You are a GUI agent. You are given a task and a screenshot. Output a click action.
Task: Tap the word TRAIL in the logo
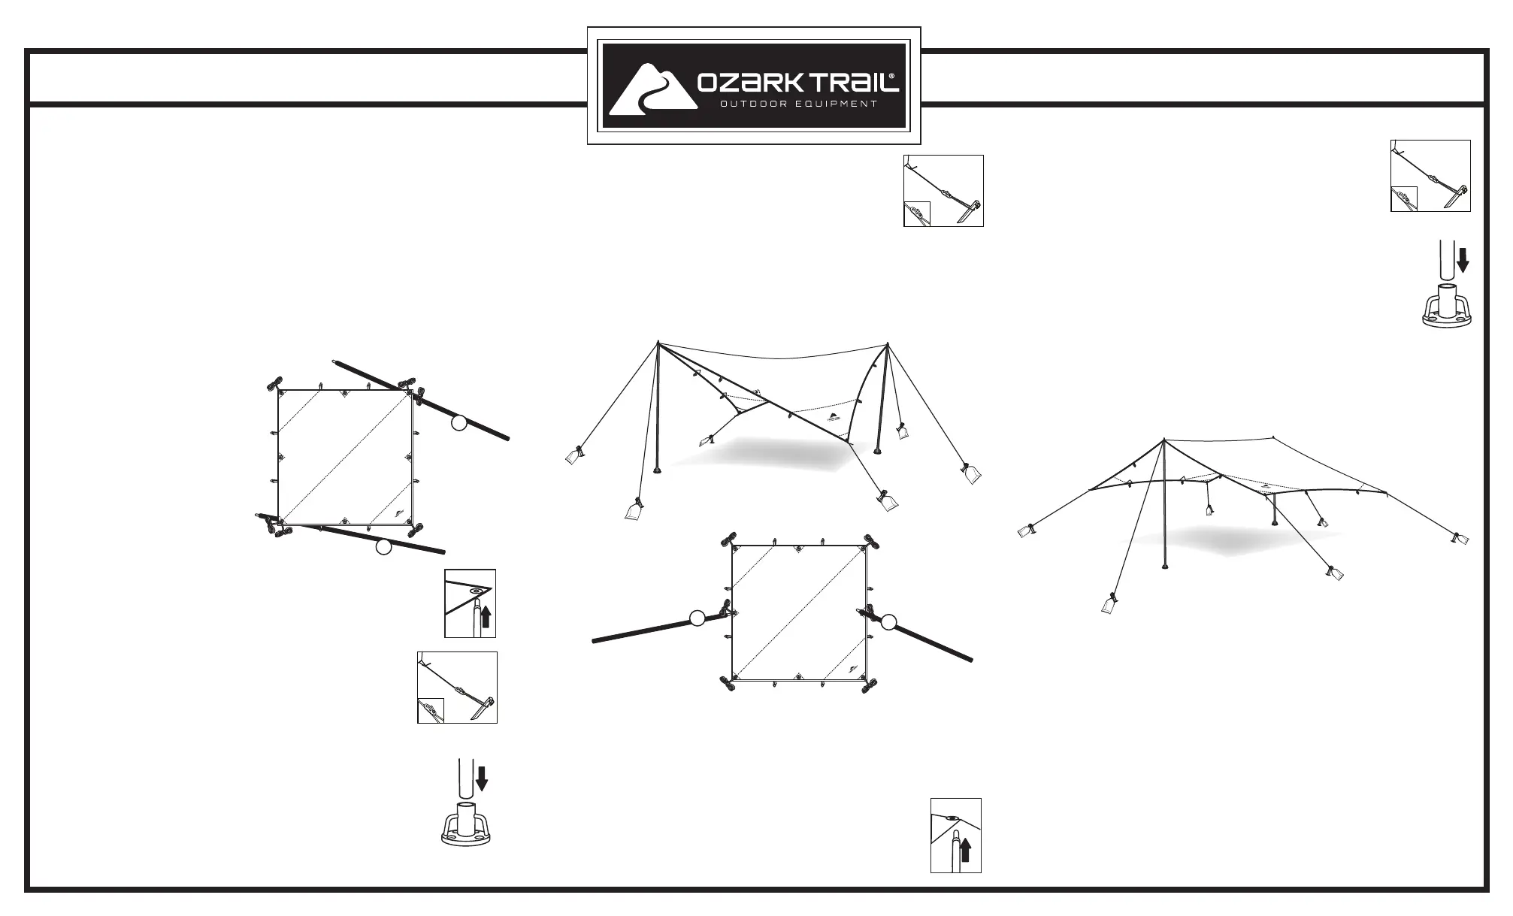click(846, 82)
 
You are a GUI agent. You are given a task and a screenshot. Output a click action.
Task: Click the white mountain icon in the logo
click(651, 90)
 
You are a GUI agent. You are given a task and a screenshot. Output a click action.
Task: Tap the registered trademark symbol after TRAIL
click(892, 76)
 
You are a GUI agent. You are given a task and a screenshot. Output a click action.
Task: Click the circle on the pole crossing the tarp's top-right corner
click(458, 424)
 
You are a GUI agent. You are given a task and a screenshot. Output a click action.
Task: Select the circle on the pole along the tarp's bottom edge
click(383, 548)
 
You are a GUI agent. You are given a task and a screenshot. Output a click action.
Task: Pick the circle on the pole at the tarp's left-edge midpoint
click(697, 618)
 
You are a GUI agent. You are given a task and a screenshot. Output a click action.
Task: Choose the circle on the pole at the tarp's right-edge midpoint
click(889, 621)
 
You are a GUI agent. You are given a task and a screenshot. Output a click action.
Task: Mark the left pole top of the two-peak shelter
click(658, 343)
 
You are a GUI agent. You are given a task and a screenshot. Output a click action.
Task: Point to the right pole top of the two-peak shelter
click(888, 344)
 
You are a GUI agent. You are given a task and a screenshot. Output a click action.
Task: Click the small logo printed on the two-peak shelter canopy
click(834, 418)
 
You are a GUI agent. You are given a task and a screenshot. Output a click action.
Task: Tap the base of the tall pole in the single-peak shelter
click(1165, 567)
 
